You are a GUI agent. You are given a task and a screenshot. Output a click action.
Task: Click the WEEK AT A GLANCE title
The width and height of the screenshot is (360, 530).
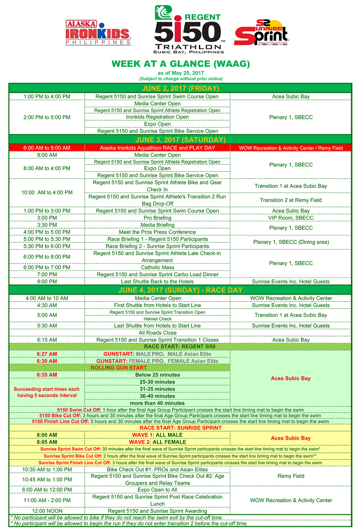tap(181, 64)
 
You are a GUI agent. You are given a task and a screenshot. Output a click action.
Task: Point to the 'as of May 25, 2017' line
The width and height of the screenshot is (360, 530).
tap(181, 73)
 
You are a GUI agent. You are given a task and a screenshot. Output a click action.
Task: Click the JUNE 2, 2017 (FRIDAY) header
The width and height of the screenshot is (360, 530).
tap(180, 88)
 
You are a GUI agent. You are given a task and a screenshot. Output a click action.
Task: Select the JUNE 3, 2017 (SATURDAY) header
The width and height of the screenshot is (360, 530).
tap(180, 140)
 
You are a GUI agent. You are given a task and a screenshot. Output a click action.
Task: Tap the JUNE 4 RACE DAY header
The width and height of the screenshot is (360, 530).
tap(180, 290)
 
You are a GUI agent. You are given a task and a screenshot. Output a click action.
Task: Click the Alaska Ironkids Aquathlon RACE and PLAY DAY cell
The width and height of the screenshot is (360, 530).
tap(157, 148)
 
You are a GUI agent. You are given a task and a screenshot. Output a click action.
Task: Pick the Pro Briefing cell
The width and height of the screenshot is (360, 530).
tap(157, 218)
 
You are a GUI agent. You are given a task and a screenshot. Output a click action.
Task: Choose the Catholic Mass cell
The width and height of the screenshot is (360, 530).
tap(157, 267)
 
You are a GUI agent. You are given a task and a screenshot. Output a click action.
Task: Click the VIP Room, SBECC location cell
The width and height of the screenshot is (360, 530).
tap(291, 218)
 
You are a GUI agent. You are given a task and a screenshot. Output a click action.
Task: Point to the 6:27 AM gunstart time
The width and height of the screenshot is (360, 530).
tap(47, 354)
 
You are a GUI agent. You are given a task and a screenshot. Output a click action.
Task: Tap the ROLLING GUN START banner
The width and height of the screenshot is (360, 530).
tap(119, 368)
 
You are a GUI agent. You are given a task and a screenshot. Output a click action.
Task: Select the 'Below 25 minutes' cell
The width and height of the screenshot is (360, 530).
tap(157, 375)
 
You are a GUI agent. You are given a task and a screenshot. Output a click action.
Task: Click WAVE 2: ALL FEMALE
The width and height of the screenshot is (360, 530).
tap(157, 442)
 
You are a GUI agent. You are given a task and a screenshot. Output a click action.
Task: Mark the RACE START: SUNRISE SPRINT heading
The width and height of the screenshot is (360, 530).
tap(180, 428)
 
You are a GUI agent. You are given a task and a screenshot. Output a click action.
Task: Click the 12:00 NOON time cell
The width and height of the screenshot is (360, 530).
tap(47, 511)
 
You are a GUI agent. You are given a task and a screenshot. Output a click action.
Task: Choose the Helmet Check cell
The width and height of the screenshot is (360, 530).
tap(157, 319)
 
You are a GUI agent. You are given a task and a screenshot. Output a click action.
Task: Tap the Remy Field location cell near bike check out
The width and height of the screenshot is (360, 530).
tap(291, 476)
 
